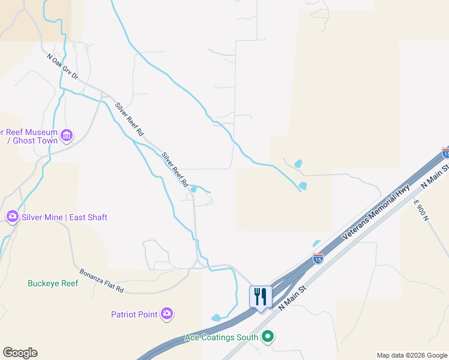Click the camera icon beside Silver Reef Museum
pyautogui.click(x=67, y=136)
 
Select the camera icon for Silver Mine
pyautogui.click(x=12, y=216)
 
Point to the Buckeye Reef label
pyautogui.click(x=53, y=283)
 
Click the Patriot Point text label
pyautogui.click(x=134, y=314)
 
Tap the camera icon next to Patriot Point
pyautogui.click(x=167, y=314)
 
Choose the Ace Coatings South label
pyautogui.click(x=221, y=337)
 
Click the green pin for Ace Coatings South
pyautogui.click(x=268, y=337)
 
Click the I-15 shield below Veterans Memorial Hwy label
pyautogui.click(x=318, y=259)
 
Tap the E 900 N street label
pyautogui.click(x=421, y=211)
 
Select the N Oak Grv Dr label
pyautogui.click(x=63, y=67)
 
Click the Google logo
pyautogui.click(x=20, y=353)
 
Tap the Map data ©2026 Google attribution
pyautogui.click(x=412, y=355)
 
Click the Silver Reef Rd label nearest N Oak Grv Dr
pyautogui.click(x=130, y=118)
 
